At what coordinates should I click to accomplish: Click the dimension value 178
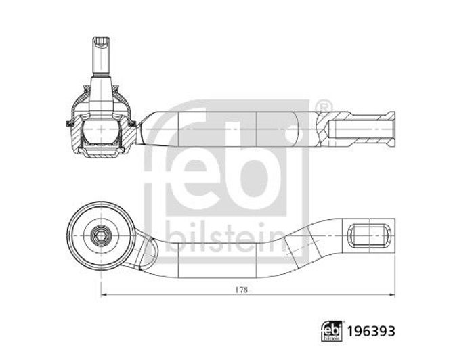[x=242, y=290]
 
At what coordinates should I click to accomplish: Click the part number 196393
[x=370, y=332]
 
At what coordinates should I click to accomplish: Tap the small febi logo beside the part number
[x=332, y=332]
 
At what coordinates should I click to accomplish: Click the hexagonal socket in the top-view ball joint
[x=100, y=235]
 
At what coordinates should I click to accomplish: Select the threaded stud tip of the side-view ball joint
[x=102, y=42]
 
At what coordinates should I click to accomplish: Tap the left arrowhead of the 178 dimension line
[x=104, y=295]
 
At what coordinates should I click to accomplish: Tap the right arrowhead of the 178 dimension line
[x=391, y=295]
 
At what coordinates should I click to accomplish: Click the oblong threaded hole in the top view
[x=369, y=235]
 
